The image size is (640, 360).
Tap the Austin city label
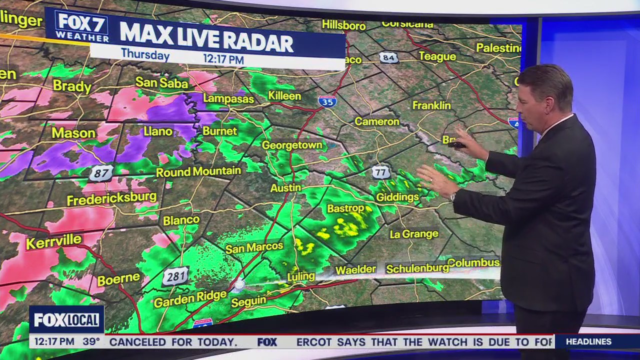tap(285, 188)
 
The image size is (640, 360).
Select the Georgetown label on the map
tap(291, 145)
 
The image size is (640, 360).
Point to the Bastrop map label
tap(345, 208)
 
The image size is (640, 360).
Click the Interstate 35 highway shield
tap(327, 101)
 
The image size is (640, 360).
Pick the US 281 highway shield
tap(175, 276)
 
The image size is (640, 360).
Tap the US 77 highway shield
tap(381, 172)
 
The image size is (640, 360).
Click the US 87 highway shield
tap(101, 173)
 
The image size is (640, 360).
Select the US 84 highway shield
tap(388, 57)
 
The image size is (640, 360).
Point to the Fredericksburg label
tap(112, 198)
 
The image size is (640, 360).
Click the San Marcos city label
tap(254, 247)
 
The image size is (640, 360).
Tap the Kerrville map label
tap(53, 242)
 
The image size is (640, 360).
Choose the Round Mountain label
tap(198, 172)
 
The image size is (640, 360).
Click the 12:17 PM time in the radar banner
tap(223, 59)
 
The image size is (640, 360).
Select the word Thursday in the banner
tap(145, 54)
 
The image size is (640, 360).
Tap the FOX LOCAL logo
tap(66, 319)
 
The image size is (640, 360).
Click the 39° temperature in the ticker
tap(91, 342)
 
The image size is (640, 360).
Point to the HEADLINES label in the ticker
tap(588, 342)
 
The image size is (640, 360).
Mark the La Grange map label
tap(414, 233)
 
